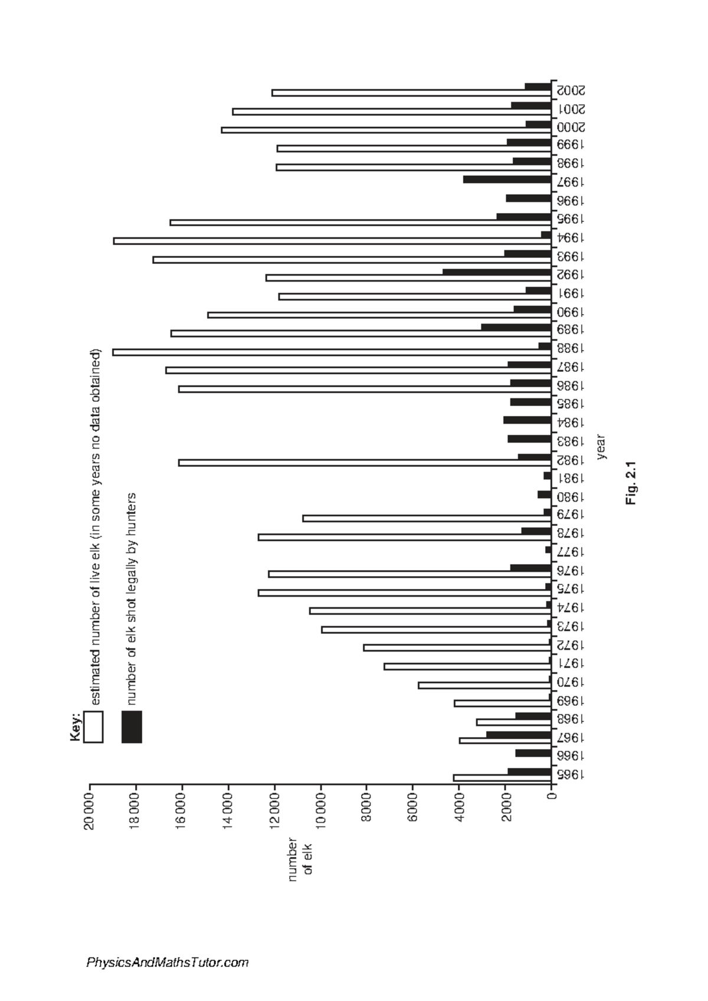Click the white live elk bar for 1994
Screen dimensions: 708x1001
[332, 241]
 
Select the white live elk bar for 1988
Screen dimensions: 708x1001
[332, 352]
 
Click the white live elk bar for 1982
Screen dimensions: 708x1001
[365, 463]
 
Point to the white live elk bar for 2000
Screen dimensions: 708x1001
[386, 130]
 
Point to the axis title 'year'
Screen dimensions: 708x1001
[602, 446]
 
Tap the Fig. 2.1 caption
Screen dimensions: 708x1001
[631, 483]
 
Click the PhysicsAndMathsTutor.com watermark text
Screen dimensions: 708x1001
[168, 962]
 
